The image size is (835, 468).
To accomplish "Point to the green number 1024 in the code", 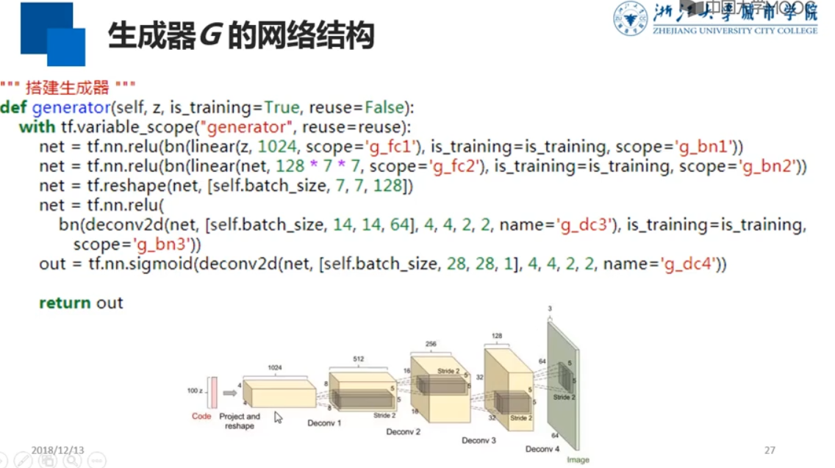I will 276,146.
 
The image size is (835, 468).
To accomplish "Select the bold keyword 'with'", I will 37,127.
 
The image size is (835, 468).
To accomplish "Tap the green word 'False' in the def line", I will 384,108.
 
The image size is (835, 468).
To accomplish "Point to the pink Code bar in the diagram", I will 214,392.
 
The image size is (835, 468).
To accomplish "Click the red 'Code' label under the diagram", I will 201,417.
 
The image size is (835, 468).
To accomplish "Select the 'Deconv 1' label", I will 324,423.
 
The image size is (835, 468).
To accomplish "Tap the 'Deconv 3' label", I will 479,440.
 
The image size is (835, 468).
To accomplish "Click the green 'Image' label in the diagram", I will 578,460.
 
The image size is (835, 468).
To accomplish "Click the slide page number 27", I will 770,450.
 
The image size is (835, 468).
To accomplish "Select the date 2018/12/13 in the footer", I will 58,450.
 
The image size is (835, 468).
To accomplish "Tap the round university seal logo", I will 631,18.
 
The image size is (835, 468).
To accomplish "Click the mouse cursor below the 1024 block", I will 278,417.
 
